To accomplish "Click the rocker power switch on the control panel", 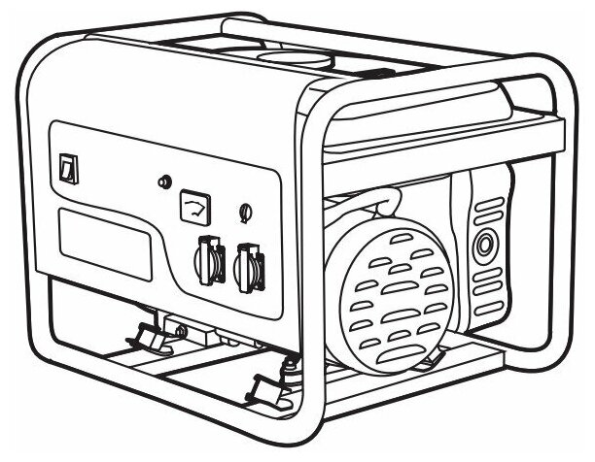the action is coord(67,169).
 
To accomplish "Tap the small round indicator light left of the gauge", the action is coord(163,181).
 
